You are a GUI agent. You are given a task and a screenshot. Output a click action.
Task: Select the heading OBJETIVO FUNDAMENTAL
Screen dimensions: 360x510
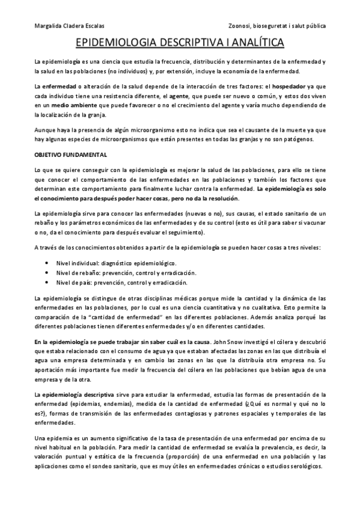click(x=70, y=154)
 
